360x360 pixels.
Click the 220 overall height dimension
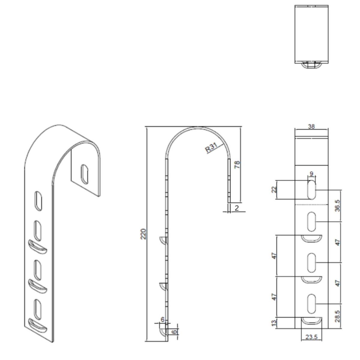pyautogui.click(x=143, y=234)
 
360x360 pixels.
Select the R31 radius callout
pyautogui.click(x=211, y=148)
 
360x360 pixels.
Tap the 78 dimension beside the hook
pyautogui.click(x=237, y=165)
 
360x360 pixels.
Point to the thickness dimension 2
pyautogui.click(x=237, y=208)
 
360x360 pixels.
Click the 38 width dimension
pyautogui.click(x=311, y=127)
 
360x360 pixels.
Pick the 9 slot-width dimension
pyautogui.click(x=311, y=174)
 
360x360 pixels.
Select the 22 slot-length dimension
pyautogui.click(x=274, y=190)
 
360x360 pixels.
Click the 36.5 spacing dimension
pyautogui.click(x=338, y=206)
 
